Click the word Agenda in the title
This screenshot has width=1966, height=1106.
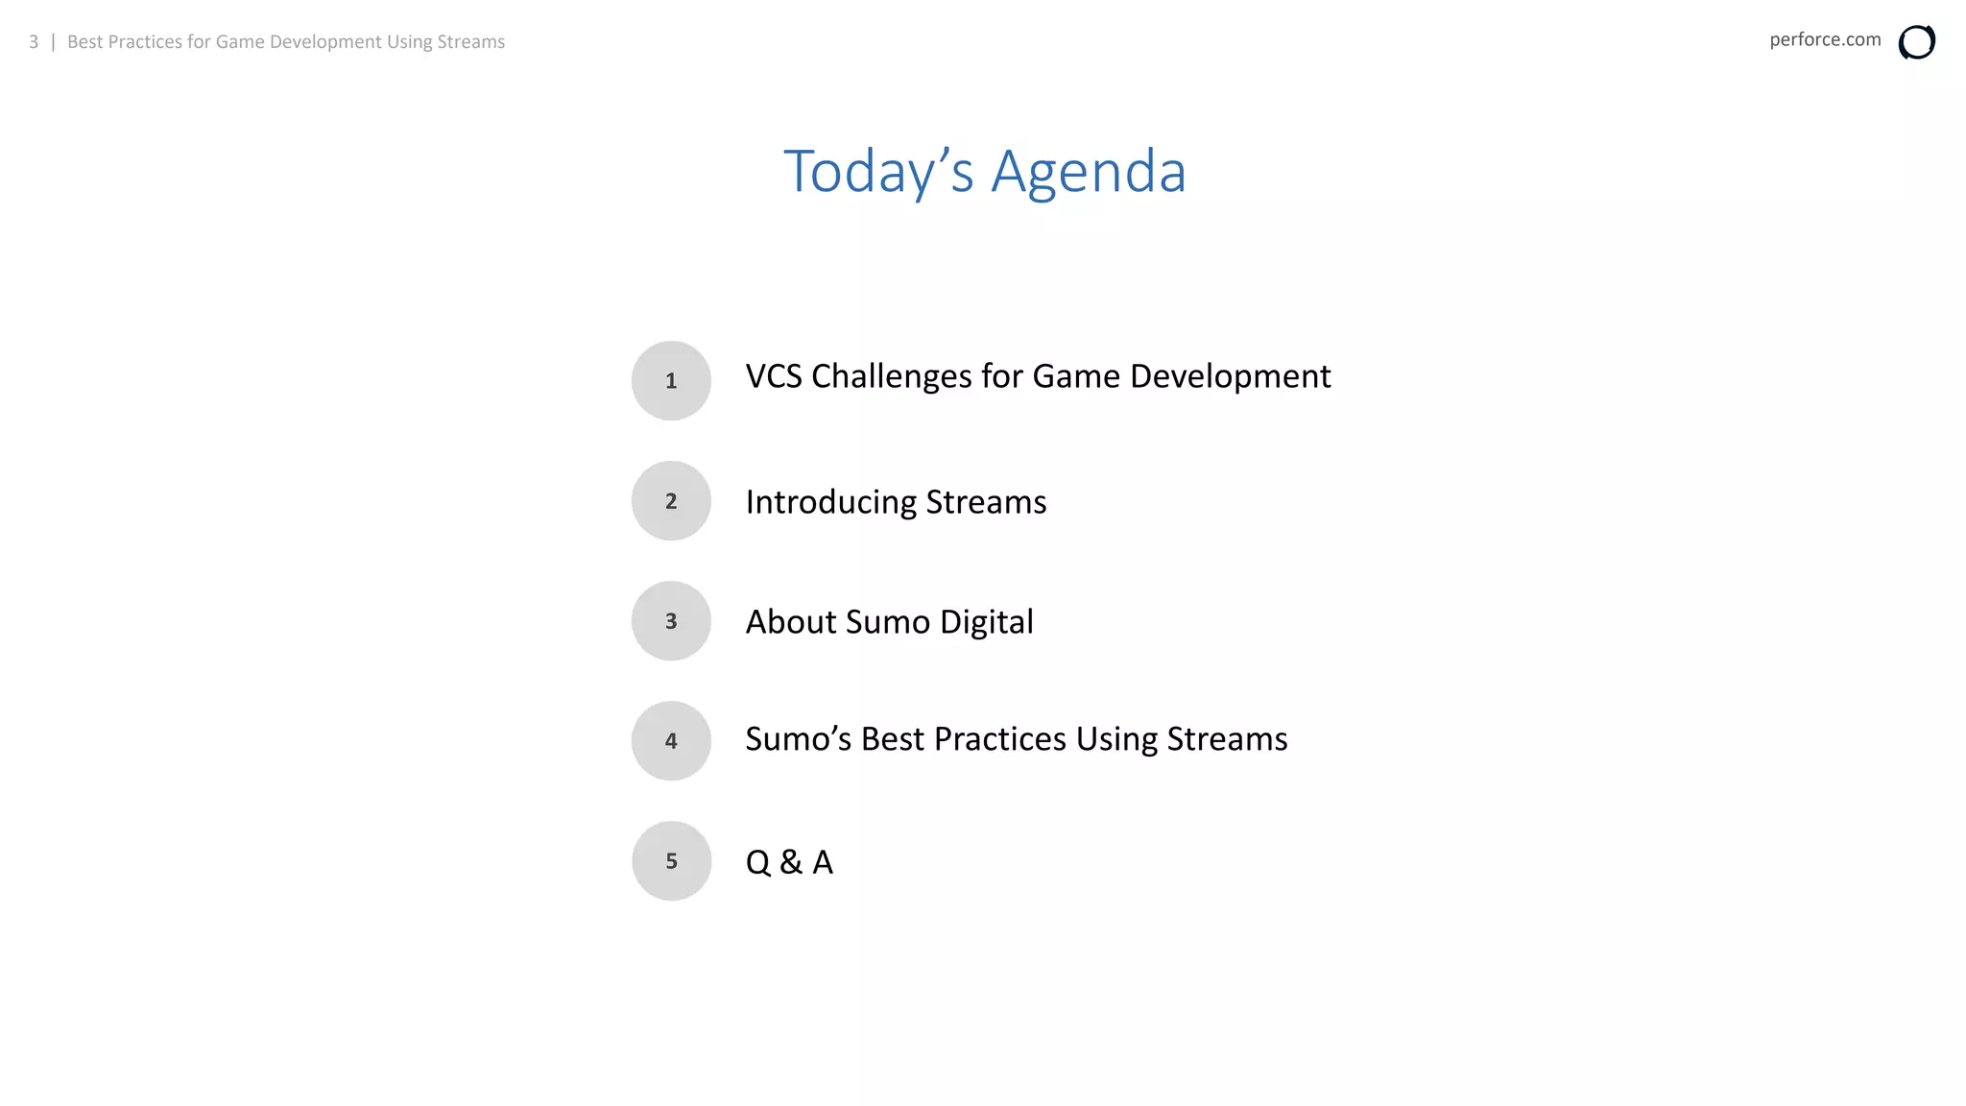click(1089, 173)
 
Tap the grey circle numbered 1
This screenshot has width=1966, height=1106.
click(671, 381)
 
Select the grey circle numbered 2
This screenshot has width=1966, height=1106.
click(671, 501)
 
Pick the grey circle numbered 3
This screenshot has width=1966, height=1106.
click(671, 621)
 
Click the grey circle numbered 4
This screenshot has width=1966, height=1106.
click(671, 741)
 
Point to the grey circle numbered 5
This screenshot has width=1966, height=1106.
click(671, 861)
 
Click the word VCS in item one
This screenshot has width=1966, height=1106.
click(774, 376)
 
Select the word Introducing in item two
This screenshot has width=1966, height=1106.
click(831, 502)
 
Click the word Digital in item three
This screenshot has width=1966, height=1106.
click(987, 622)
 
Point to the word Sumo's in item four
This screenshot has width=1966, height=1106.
click(799, 739)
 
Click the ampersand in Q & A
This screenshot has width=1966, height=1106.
click(791, 862)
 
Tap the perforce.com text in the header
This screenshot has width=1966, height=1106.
click(1825, 40)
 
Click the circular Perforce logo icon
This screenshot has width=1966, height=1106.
click(1916, 42)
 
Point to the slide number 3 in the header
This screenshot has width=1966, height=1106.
click(34, 42)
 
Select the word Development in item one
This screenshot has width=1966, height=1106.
click(1230, 376)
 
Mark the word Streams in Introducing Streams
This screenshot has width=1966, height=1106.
click(986, 502)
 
